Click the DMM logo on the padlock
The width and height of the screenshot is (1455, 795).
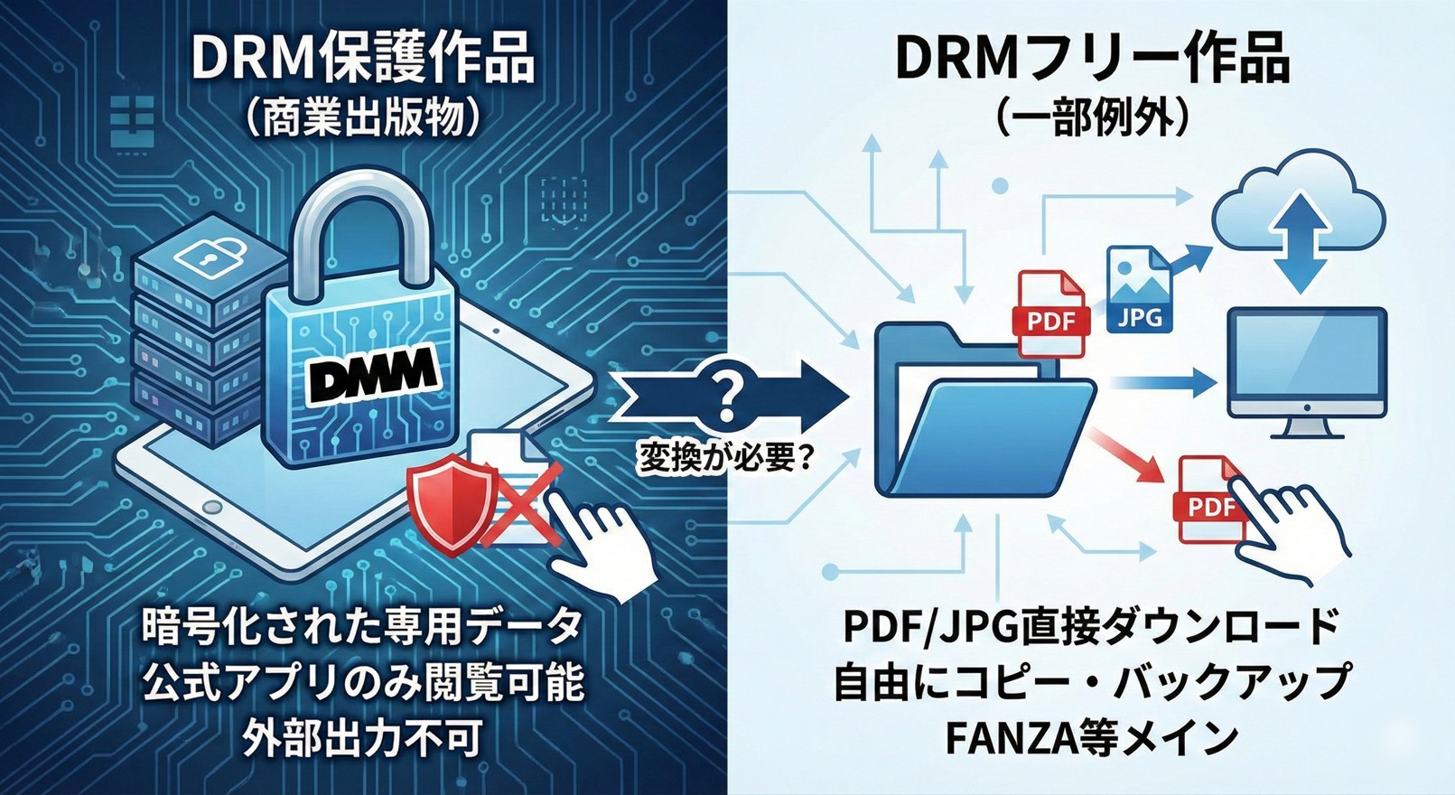click(x=371, y=371)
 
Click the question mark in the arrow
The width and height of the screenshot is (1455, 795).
click(x=723, y=395)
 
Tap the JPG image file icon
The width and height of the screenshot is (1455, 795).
click(x=1140, y=290)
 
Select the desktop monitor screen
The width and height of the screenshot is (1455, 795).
click(x=1305, y=360)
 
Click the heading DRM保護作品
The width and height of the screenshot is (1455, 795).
click(x=362, y=61)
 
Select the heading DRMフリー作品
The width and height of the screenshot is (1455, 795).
click(x=1092, y=61)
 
